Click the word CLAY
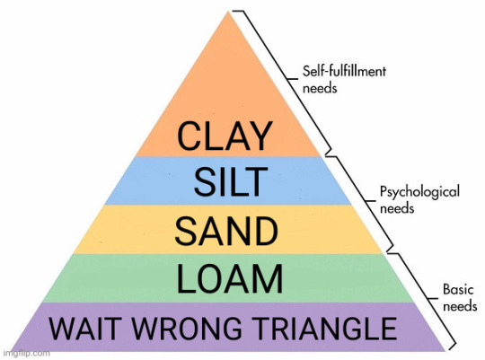click(x=225, y=136)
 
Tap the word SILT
click(x=231, y=182)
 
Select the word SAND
click(x=226, y=231)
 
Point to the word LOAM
click(x=230, y=278)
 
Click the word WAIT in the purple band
click(x=84, y=329)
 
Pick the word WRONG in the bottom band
click(x=187, y=329)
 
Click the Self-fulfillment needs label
click(x=344, y=80)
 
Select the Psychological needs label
click(x=419, y=199)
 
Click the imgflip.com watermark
click(x=27, y=353)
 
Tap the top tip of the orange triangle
click(x=229, y=12)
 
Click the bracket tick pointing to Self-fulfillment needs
click(x=292, y=79)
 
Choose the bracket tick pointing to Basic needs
click(x=433, y=299)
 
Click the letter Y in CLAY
click(x=260, y=136)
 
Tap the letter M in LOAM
click(x=269, y=278)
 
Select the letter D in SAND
click(x=265, y=231)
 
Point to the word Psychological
click(x=419, y=192)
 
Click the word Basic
click(x=458, y=289)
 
